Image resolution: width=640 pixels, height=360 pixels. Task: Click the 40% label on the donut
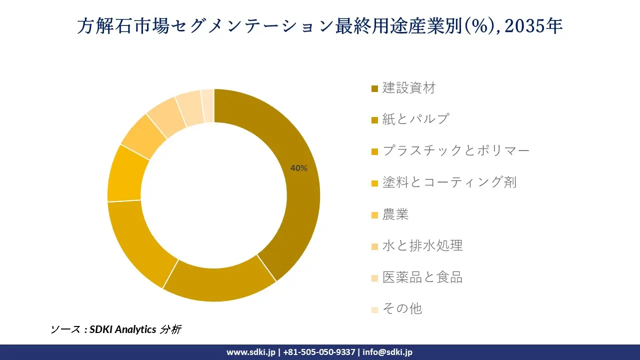coord(299,168)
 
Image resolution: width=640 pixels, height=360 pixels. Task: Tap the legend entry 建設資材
coord(409,88)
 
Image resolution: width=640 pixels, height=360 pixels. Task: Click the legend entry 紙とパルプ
coord(415,119)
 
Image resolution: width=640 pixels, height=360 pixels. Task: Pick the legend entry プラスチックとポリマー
coord(455,150)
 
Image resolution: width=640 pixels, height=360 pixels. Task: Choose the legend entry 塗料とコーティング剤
coord(449,182)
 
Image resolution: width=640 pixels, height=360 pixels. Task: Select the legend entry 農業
coord(395,214)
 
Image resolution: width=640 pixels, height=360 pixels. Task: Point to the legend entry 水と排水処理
coord(422,245)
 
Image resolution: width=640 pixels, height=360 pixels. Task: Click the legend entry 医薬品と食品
coord(422,277)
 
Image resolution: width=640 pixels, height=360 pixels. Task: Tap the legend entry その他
coord(402,308)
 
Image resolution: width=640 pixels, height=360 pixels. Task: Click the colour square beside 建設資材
coord(374,89)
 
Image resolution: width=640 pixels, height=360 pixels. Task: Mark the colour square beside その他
coord(374,309)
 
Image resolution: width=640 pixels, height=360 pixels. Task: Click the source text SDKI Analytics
coord(123,329)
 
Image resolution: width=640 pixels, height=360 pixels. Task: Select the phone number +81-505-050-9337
coord(319,352)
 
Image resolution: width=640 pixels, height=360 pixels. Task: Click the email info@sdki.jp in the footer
coord(387,352)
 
